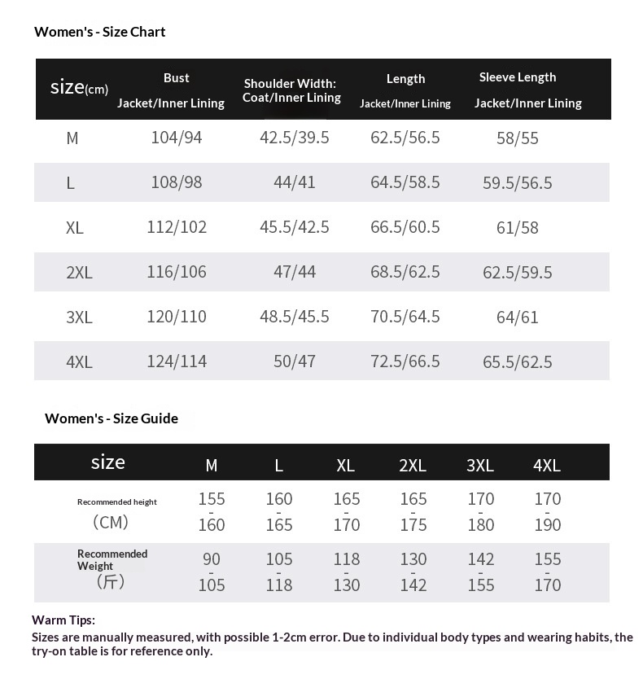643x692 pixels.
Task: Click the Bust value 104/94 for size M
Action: point(176,138)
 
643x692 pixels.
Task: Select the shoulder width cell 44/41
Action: point(294,182)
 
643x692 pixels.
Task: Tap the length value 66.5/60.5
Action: point(405,227)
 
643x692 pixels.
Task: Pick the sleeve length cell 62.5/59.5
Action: point(517,273)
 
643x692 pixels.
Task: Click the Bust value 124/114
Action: point(176,361)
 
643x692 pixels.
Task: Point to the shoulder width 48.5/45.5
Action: point(294,317)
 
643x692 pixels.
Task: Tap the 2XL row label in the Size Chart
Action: point(79,273)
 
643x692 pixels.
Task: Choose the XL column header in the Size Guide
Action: point(345,466)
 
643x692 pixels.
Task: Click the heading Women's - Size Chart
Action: point(99,32)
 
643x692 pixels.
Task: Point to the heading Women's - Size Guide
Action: point(111,418)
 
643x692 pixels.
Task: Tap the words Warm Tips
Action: point(63,620)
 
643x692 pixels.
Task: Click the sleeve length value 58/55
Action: point(517,138)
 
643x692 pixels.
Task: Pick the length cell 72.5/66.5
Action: point(405,361)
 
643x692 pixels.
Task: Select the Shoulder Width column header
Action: point(291,90)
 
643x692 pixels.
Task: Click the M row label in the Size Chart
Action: point(72,138)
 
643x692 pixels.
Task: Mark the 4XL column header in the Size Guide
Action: point(546,466)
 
